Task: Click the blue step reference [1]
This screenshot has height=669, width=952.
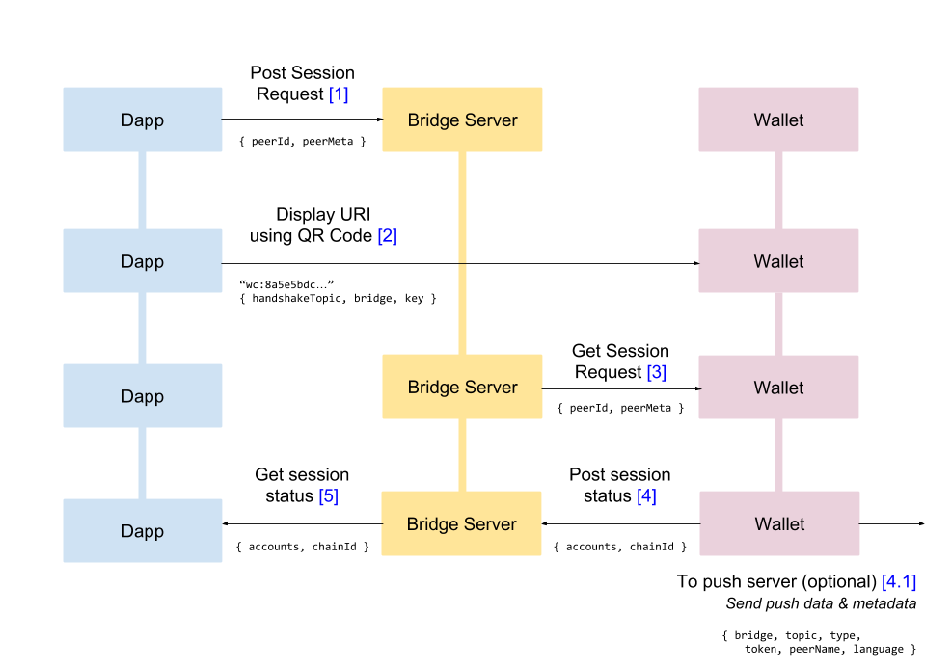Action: [x=338, y=94]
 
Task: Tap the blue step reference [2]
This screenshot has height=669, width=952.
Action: [x=387, y=235]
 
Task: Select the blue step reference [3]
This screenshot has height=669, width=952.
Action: [x=656, y=372]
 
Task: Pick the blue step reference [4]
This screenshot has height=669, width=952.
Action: [x=646, y=495]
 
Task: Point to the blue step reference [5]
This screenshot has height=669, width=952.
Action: [x=329, y=495]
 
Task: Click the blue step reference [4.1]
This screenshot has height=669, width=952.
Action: [x=898, y=582]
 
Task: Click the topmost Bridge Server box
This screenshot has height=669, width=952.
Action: [x=462, y=120]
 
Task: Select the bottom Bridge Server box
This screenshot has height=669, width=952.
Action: [x=461, y=524]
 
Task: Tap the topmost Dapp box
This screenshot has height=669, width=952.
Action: [x=143, y=120]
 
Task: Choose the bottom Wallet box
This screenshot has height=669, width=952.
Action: [x=778, y=524]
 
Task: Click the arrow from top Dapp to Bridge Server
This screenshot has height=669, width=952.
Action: [x=302, y=120]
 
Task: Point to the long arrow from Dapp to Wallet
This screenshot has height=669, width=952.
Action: [x=459, y=262]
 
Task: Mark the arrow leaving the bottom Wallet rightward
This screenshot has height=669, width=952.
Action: [x=891, y=523]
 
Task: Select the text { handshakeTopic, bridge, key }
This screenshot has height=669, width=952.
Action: [x=338, y=299]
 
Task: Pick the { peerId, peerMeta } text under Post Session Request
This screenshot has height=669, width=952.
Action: [x=302, y=142]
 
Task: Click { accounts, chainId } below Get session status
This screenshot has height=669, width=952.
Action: [x=302, y=547]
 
